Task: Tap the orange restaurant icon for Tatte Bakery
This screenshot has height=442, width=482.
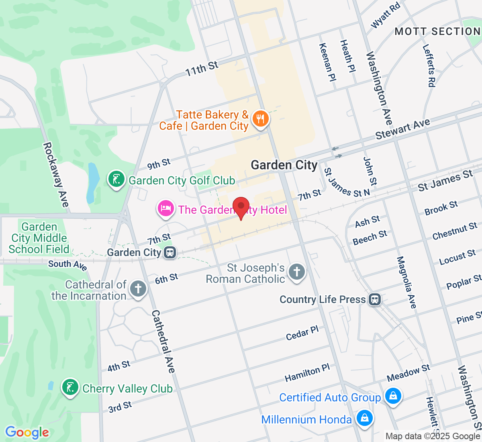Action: click(260, 119)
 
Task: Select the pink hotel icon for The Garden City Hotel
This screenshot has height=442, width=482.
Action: click(165, 208)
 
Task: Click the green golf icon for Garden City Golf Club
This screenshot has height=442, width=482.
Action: click(116, 179)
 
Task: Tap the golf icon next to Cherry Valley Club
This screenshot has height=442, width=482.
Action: click(70, 387)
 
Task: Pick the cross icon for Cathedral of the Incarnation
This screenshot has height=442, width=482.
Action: click(138, 289)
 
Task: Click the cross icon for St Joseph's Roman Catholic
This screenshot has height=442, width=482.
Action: click(297, 272)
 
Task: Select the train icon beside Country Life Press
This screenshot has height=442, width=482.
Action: click(375, 299)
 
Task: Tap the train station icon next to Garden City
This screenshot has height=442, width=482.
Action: click(170, 253)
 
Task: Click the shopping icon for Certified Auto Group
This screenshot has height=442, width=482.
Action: click(393, 396)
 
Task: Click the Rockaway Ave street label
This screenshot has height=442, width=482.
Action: click(56, 174)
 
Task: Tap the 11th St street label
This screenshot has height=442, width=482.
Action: click(202, 68)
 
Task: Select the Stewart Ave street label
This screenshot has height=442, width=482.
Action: click(402, 129)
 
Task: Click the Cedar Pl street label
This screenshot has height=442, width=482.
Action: click(302, 333)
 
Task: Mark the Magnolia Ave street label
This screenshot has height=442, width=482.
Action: click(406, 282)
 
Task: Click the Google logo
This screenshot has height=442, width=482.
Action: click(27, 432)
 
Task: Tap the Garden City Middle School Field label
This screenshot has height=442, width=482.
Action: click(39, 238)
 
